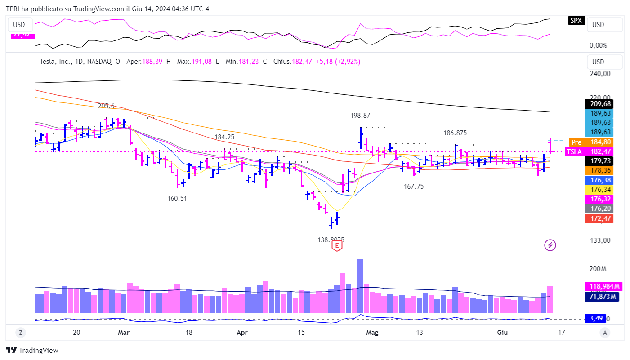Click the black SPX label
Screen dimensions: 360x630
coord(575,20)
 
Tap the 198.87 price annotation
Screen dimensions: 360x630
coord(360,116)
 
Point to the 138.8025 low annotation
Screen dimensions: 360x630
coord(331,240)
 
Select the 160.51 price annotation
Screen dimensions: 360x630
coord(177,198)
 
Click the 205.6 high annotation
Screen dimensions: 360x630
coord(106,106)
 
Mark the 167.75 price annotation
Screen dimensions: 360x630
coord(414,186)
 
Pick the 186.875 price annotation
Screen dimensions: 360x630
coord(455,133)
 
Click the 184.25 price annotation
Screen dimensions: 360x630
coord(224,137)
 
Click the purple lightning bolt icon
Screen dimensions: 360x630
coord(550,245)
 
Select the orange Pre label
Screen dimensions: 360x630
coord(576,142)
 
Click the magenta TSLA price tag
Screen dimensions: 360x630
coord(574,152)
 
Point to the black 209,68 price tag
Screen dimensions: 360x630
coord(600,104)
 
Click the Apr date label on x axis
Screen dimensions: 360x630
coord(242,333)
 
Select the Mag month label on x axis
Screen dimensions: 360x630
coord(372,333)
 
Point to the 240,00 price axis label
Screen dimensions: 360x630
coord(600,73)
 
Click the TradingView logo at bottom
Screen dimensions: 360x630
coord(32,351)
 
